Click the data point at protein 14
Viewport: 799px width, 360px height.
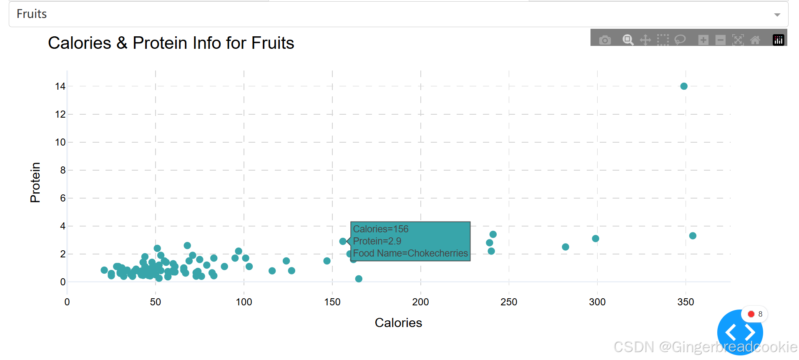tap(683, 86)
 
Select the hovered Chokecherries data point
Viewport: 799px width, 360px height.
tap(343, 241)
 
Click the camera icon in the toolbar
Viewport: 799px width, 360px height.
tap(605, 40)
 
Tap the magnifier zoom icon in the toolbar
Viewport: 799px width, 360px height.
tap(628, 40)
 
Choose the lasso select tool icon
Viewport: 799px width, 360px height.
tap(680, 40)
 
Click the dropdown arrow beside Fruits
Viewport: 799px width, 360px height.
tap(777, 15)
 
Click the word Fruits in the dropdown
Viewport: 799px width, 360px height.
tap(32, 14)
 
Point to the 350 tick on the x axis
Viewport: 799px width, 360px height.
tap(685, 302)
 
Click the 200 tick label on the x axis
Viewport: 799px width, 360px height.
tap(420, 302)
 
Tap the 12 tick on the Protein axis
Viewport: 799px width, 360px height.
tap(60, 114)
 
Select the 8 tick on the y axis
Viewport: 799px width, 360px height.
tap(63, 170)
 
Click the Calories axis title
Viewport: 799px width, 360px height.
tap(398, 323)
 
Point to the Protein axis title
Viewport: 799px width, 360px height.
tap(35, 182)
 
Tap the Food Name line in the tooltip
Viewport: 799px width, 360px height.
tap(410, 253)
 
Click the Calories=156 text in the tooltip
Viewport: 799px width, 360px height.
tap(380, 229)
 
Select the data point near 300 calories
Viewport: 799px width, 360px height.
tap(595, 239)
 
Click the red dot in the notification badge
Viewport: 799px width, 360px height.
tap(751, 314)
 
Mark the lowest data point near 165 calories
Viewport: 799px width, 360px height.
tap(359, 279)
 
